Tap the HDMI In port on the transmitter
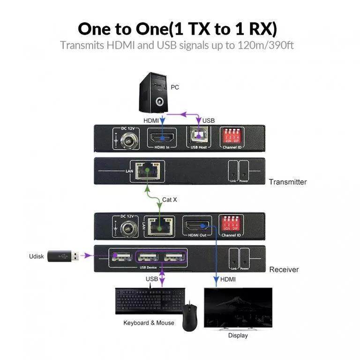[x=162, y=138]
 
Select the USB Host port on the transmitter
[x=200, y=138]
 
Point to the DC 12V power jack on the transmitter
[x=126, y=140]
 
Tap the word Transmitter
[x=287, y=182]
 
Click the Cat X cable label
[x=170, y=199]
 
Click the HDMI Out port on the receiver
[x=196, y=224]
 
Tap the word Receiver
[x=284, y=270]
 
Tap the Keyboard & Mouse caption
[x=149, y=323]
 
